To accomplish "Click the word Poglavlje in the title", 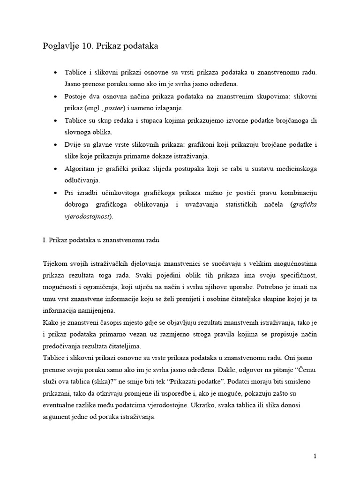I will coord(60,46).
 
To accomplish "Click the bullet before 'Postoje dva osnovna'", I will coord(56,96).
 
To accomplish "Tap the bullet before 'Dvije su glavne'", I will coord(56,144).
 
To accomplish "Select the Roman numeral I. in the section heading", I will coord(45,240).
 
